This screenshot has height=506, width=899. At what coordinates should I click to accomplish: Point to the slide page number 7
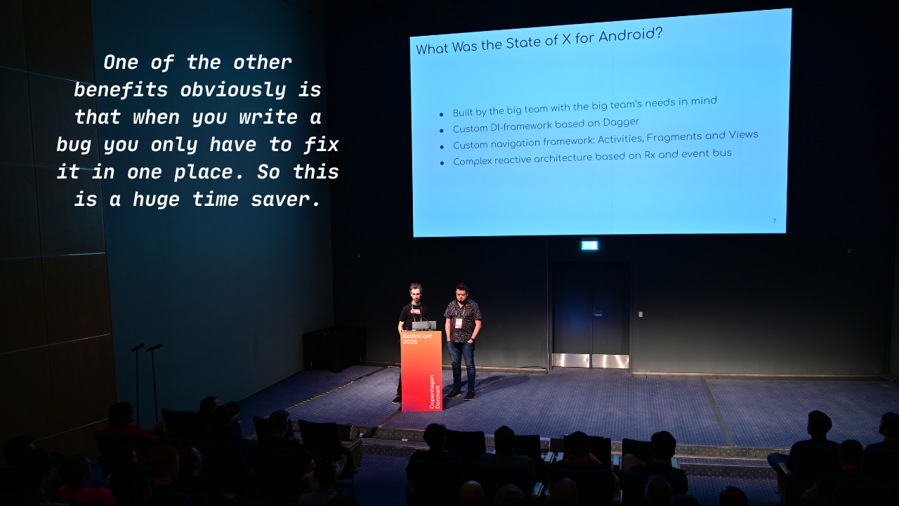tap(774, 221)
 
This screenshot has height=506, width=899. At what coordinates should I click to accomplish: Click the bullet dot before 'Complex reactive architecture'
tap(442, 163)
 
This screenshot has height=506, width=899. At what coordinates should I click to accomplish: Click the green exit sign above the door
tap(589, 245)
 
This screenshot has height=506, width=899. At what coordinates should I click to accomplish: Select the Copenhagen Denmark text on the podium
tap(435, 391)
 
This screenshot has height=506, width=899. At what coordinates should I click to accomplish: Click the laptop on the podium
tap(424, 325)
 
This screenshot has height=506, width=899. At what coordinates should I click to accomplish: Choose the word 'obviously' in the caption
tap(232, 91)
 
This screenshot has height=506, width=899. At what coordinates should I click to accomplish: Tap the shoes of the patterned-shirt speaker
tap(461, 395)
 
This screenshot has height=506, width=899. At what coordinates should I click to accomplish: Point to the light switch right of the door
tap(640, 314)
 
